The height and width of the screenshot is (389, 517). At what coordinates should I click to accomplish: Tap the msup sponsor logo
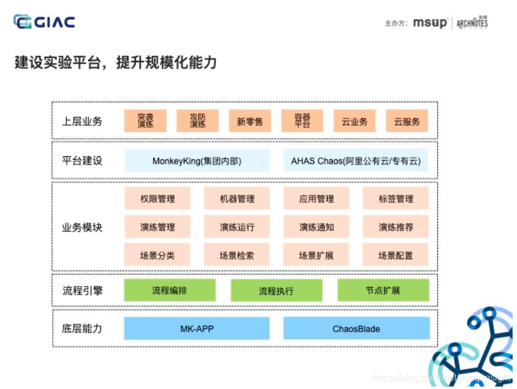click(430, 23)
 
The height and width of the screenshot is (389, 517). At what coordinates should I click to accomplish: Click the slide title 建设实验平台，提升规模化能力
click(115, 62)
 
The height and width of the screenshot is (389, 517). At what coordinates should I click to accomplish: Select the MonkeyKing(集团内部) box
click(197, 160)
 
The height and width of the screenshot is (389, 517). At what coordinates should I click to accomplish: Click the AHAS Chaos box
click(356, 160)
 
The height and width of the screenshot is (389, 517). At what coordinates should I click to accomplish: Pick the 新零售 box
click(250, 121)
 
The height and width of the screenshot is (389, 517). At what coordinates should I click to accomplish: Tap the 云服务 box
click(407, 121)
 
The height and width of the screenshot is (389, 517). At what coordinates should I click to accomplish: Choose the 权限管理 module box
click(157, 199)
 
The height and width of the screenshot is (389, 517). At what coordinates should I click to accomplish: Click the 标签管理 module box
click(396, 199)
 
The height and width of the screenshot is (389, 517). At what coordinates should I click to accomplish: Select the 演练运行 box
click(237, 227)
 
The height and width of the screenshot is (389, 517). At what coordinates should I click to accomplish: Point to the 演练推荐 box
click(396, 227)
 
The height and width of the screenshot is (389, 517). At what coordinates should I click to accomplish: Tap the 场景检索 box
click(237, 255)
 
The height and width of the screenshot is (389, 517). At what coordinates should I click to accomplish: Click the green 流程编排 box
click(170, 291)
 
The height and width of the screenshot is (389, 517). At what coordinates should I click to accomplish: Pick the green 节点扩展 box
click(383, 291)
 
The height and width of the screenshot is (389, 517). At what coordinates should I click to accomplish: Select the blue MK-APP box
click(197, 329)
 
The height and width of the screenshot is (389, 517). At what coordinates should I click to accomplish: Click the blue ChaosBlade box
click(356, 329)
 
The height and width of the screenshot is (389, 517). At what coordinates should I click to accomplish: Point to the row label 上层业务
click(82, 121)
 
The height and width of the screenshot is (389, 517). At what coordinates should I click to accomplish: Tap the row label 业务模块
click(82, 227)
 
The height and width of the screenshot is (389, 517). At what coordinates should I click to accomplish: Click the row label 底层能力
click(82, 329)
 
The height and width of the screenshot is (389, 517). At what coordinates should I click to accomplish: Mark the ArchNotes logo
click(472, 23)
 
